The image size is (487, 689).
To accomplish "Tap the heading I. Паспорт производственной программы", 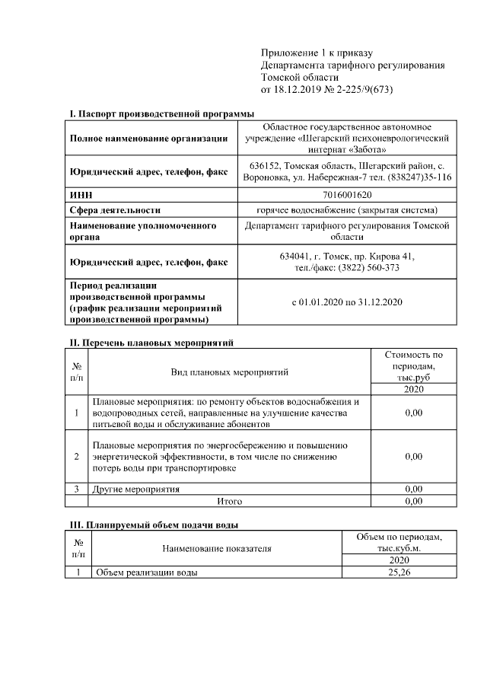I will pyautogui.click(x=162, y=113).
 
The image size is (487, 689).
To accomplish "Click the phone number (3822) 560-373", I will pyautogui.click(x=371, y=268).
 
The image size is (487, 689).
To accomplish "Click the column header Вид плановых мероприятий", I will pyautogui.click(x=229, y=372).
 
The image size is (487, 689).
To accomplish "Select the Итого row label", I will pyautogui.click(x=229, y=502).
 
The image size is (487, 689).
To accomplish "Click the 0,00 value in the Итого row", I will pyautogui.click(x=413, y=502).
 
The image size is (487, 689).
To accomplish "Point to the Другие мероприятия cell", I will pyautogui.click(x=136, y=489).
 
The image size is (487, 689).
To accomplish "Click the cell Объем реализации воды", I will pyautogui.click(x=145, y=573).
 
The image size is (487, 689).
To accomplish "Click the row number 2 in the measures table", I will pyautogui.click(x=77, y=456).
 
